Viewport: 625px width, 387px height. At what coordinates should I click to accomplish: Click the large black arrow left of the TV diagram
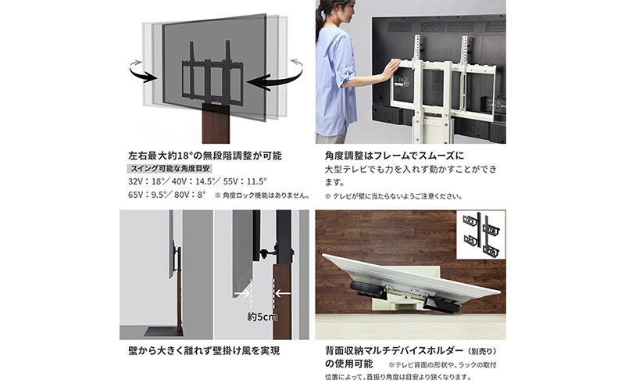tap(143, 74)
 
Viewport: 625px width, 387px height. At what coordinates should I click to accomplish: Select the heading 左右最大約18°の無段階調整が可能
tap(205, 156)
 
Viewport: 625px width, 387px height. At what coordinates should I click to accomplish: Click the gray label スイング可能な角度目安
tap(170, 169)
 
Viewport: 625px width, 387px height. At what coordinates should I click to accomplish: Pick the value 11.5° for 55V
tap(256, 181)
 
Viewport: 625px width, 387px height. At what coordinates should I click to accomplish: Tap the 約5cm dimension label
tap(262, 317)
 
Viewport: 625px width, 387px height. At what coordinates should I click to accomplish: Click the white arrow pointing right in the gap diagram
tap(242, 294)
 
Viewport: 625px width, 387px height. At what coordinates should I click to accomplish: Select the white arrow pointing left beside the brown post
tap(283, 294)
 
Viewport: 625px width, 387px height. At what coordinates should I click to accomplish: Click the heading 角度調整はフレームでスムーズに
tap(395, 156)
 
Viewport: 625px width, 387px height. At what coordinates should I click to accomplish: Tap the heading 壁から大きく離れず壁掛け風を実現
tap(204, 351)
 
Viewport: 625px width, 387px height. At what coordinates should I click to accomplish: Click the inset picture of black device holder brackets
tap(481, 235)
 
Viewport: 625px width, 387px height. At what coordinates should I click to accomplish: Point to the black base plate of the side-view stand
tap(163, 331)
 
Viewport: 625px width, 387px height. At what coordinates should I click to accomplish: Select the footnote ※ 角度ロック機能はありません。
tap(262, 195)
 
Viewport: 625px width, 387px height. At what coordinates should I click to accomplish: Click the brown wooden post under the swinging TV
tap(216, 124)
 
